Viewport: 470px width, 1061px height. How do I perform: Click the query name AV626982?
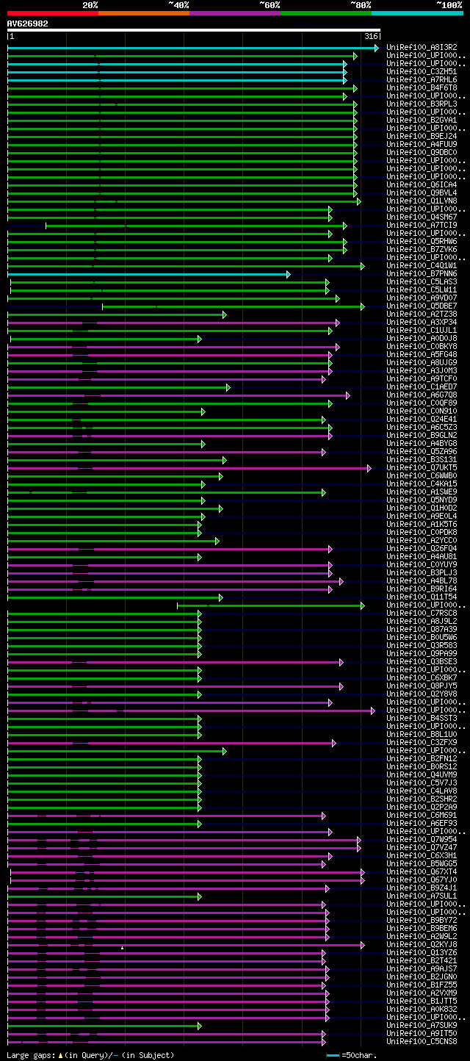click(x=28, y=24)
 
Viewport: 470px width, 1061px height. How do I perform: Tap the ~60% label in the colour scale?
click(x=270, y=4)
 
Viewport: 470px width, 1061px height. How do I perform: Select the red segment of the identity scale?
click(x=52, y=12)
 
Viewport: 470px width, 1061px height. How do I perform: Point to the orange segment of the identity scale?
click(x=143, y=12)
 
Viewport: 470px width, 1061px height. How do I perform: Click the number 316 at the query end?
click(x=371, y=36)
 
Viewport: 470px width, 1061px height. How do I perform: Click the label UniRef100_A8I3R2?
click(x=422, y=48)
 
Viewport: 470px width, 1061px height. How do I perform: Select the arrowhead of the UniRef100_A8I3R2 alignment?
click(x=376, y=48)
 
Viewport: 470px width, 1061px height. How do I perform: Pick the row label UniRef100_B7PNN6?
click(x=422, y=274)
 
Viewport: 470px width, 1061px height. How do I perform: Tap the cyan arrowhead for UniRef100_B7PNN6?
click(x=288, y=274)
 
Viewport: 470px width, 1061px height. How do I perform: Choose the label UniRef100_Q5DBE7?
click(x=422, y=306)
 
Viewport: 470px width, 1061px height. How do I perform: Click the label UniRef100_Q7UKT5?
click(x=422, y=468)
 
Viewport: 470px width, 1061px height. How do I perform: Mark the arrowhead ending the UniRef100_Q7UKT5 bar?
click(x=369, y=468)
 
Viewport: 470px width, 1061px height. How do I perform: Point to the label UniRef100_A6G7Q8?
click(x=422, y=395)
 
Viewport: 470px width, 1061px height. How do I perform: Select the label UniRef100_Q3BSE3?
click(x=422, y=662)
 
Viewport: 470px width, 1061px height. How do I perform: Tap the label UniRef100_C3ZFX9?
click(x=422, y=743)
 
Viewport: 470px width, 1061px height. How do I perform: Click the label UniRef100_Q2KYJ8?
click(x=422, y=945)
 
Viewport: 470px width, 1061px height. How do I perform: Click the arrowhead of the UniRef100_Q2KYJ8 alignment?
click(x=362, y=945)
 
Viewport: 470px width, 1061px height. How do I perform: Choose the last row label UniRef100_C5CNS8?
click(x=422, y=1042)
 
